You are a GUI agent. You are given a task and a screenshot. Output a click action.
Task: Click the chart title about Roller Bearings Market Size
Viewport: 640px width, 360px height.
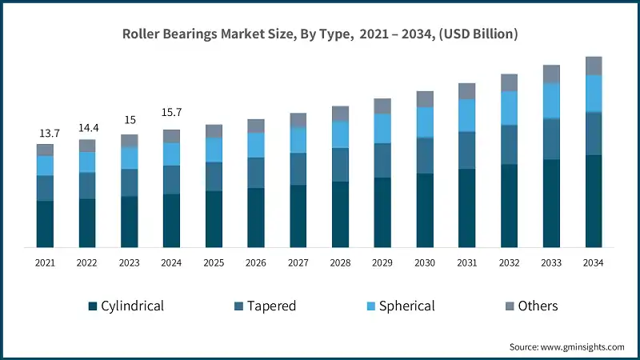coord(320,34)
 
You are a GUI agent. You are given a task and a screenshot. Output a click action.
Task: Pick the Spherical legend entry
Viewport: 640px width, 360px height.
coord(399,306)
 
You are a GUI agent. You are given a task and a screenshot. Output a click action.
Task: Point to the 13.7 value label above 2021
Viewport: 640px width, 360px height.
coord(45,133)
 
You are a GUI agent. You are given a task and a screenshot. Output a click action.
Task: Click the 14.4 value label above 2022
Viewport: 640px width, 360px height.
coord(87,128)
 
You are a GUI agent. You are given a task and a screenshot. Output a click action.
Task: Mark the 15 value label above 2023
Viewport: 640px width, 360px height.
coord(130,120)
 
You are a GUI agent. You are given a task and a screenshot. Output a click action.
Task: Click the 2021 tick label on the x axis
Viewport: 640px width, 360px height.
coord(45,262)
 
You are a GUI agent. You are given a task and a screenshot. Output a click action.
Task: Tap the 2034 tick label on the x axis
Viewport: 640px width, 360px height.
coord(594,262)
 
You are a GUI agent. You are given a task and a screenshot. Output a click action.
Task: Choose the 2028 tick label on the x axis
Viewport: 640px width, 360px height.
coord(340,262)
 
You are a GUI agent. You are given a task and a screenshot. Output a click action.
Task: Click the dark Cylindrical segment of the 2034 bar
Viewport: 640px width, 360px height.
coord(594,201)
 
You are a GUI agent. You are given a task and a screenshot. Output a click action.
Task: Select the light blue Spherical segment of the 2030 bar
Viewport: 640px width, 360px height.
coord(425,122)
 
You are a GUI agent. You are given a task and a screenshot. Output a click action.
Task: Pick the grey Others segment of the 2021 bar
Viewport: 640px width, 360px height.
coord(45,150)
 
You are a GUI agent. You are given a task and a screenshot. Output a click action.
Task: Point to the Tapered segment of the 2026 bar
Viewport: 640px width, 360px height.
coord(256,173)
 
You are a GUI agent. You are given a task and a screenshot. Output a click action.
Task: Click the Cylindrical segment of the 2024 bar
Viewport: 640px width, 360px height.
coord(171,220)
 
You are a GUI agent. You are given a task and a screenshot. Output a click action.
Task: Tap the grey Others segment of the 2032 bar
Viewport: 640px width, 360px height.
coord(509,82)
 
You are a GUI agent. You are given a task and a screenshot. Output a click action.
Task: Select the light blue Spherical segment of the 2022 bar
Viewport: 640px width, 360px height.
coord(87,162)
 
